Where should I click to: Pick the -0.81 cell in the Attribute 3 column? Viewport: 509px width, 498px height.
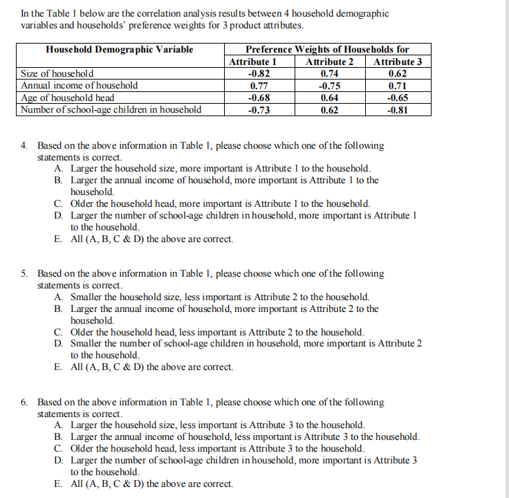tap(398, 110)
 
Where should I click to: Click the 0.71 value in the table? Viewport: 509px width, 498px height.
tap(398, 86)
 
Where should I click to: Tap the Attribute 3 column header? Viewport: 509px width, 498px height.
tap(398, 62)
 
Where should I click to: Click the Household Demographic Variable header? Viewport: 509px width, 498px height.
tap(120, 49)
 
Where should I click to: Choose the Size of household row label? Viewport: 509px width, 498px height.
tap(57, 73)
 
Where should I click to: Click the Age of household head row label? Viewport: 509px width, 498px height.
tap(68, 98)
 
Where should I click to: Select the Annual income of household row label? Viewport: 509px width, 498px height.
tap(80, 86)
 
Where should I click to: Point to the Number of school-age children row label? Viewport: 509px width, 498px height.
tap(111, 110)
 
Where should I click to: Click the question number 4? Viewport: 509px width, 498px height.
tap(24, 146)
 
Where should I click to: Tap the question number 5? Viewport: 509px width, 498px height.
tap(24, 274)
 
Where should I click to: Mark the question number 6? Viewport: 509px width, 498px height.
tap(24, 402)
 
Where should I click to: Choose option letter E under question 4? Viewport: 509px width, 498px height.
tap(57, 239)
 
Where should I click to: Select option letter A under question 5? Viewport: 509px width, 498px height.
tap(57, 297)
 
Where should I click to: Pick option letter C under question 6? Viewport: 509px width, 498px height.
tap(57, 448)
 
